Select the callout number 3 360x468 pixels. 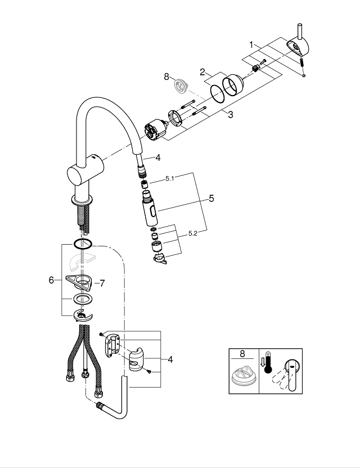pos(230,114)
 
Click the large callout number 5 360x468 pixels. pos(211,199)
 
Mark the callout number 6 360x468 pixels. pos(51,280)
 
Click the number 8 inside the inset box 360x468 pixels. pos(242,354)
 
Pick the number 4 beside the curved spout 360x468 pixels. pos(158,158)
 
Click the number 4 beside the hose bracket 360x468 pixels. pos(170,359)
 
